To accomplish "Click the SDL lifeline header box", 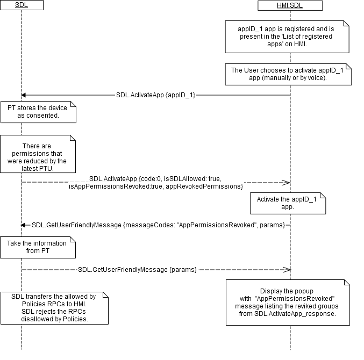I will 22,5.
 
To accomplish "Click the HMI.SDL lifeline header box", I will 290,5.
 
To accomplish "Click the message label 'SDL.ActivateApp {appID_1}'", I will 156,95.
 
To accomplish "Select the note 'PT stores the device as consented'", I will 38,112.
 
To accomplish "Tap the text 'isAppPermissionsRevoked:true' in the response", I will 115,186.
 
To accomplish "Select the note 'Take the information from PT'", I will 38,247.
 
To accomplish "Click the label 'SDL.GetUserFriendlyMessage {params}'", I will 137,269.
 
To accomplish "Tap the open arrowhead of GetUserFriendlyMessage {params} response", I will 287,269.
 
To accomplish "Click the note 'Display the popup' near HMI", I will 287,302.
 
